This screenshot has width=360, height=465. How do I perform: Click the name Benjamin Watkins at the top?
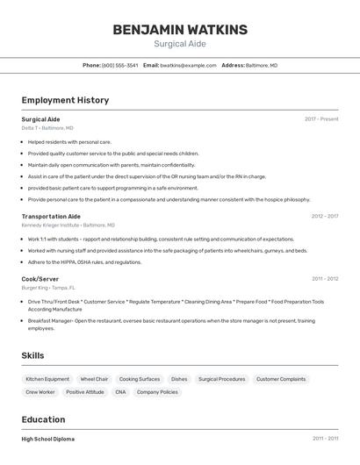click(180, 30)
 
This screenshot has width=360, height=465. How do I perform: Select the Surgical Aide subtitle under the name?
click(180, 44)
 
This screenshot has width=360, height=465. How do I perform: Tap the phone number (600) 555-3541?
click(119, 65)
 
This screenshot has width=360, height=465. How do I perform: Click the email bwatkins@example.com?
click(187, 65)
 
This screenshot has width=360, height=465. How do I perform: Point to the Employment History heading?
click(65, 100)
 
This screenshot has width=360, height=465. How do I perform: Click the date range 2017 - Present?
click(321, 119)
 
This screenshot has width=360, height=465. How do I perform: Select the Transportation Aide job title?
click(51, 216)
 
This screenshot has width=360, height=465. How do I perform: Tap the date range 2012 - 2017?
click(324, 216)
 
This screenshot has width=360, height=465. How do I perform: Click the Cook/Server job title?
click(40, 279)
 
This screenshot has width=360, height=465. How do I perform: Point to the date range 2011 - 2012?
click(325, 279)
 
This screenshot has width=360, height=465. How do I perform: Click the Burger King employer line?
click(48, 288)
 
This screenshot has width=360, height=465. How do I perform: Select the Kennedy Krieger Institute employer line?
click(67, 225)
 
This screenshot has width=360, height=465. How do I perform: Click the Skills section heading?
click(33, 355)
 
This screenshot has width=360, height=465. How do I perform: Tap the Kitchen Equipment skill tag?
click(47, 379)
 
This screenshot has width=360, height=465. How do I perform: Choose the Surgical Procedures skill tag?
click(221, 379)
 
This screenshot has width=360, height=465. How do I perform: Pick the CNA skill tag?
click(120, 392)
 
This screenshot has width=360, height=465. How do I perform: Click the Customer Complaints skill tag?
click(281, 379)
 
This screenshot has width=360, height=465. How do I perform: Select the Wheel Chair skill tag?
click(94, 379)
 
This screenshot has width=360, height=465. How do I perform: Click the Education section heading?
click(43, 419)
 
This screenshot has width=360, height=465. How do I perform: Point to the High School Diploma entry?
click(48, 439)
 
